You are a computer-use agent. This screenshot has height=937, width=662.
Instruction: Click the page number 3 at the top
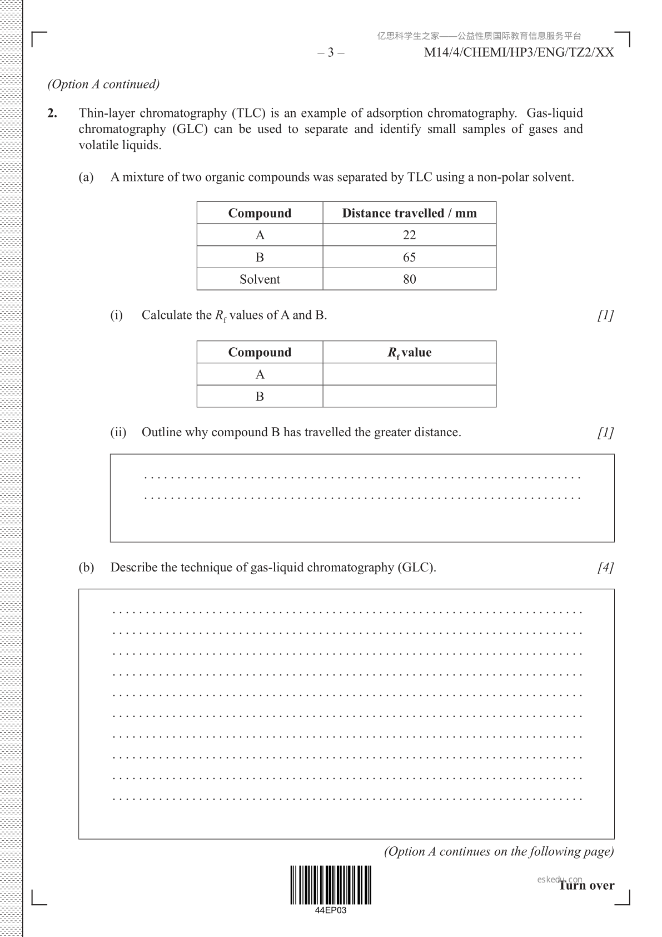[331, 53]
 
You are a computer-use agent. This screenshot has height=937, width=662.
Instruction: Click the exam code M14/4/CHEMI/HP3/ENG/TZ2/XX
[519, 53]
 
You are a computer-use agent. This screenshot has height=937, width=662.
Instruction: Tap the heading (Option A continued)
[103, 85]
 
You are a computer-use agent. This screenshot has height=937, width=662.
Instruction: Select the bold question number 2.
[52, 114]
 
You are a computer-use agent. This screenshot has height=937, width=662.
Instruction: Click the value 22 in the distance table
[409, 235]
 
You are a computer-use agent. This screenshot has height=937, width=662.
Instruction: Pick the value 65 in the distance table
[409, 257]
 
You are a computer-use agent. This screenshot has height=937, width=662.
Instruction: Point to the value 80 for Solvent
[409, 279]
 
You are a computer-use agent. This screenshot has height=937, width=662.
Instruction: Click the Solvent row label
[260, 279]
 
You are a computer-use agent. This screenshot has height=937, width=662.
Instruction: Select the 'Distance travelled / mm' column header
[409, 213]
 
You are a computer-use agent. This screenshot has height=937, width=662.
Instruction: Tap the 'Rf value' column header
[409, 353]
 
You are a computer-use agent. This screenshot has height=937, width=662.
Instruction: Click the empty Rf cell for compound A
[409, 374]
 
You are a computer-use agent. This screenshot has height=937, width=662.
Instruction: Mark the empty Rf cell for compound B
[409, 396]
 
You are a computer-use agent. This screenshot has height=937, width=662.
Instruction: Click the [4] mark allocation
[605, 568]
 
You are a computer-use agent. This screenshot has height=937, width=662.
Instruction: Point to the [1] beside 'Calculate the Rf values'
[605, 315]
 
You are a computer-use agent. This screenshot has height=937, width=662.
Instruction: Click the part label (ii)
[118, 432]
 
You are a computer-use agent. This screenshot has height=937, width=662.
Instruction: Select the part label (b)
[86, 568]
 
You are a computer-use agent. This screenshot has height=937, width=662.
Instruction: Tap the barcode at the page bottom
[331, 885]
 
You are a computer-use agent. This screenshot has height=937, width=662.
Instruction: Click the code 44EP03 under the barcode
[331, 911]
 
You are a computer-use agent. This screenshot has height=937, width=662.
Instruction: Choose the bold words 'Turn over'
[587, 886]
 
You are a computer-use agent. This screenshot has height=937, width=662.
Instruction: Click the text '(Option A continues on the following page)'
[499, 852]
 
